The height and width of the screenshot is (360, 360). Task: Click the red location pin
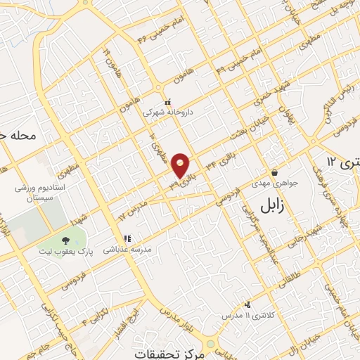pos(181,165)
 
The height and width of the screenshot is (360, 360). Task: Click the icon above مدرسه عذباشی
pos(128,238)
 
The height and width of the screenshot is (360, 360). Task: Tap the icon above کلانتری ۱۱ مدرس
pos(247,305)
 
